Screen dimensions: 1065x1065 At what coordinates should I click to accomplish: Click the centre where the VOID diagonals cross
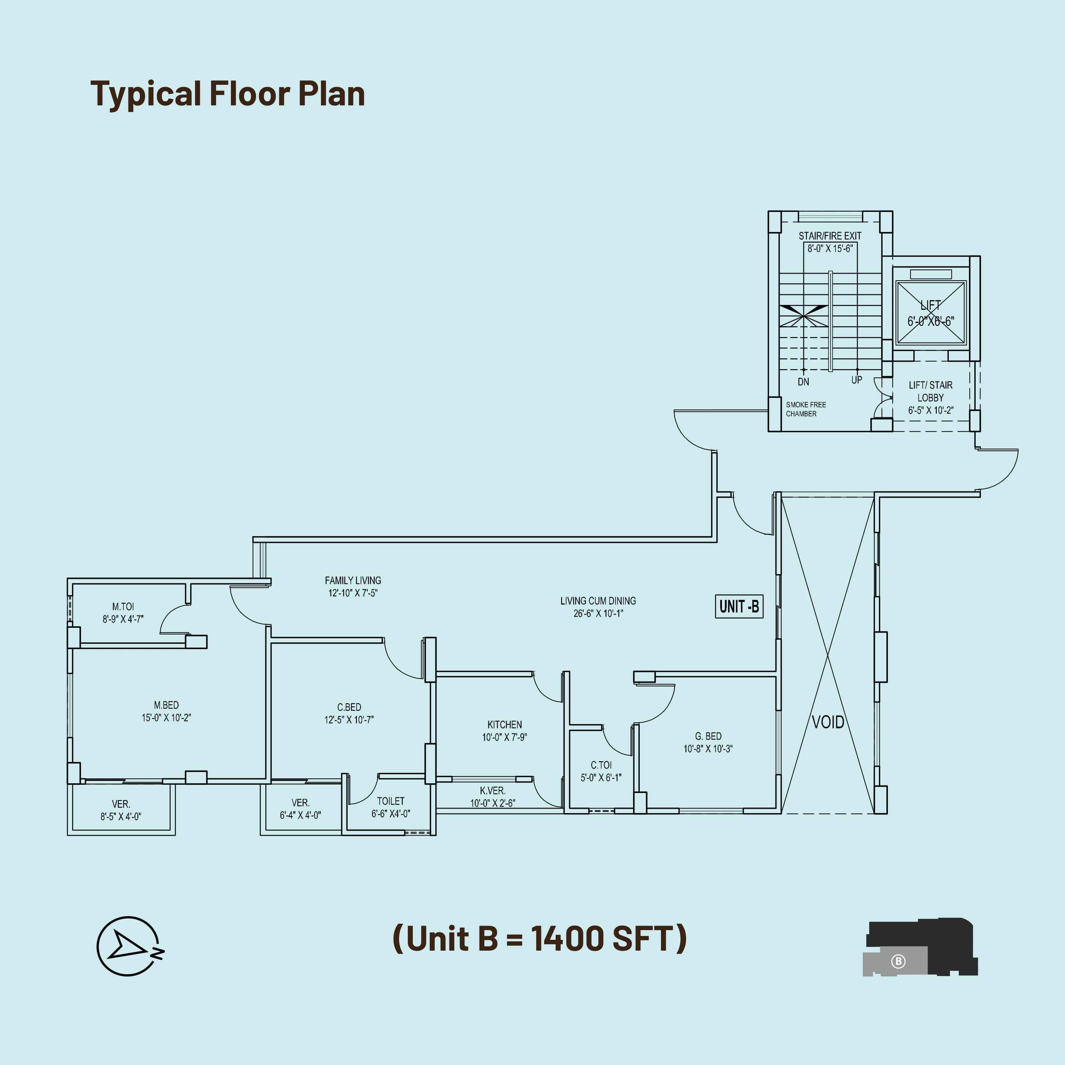tap(827, 655)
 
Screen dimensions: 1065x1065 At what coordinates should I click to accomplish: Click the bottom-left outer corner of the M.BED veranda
tap(68, 835)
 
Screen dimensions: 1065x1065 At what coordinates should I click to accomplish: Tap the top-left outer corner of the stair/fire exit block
tap(768, 211)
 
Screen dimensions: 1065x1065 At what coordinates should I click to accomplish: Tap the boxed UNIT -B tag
tap(739, 606)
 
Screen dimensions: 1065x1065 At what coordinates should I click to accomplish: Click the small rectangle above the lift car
tap(931, 274)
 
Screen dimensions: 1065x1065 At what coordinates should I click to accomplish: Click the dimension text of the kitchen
tap(504, 737)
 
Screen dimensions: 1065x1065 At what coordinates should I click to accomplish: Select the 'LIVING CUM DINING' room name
tap(598, 601)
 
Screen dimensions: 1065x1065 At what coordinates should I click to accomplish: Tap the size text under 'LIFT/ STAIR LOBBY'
tap(930, 410)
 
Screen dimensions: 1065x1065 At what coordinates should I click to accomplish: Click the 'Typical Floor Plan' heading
tap(228, 94)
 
